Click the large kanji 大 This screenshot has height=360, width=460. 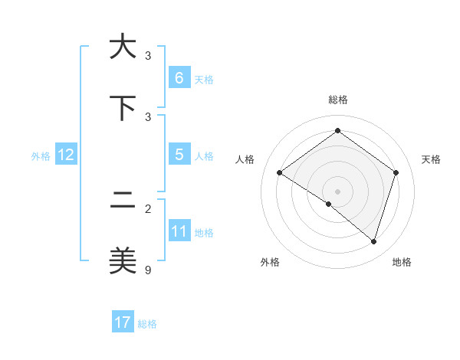[122, 47]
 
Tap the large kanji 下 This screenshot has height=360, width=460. [122, 109]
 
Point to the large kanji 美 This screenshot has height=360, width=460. [122, 262]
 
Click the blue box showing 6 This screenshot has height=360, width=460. [179, 77]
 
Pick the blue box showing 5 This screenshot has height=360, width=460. [179, 155]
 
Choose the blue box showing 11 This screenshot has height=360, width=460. [179, 231]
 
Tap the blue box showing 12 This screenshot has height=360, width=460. [65, 155]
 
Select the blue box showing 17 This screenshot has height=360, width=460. [122, 322]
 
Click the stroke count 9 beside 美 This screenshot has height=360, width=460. [148, 270]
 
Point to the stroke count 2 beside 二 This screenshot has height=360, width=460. [148, 208]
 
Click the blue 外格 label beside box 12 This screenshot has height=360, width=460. [41, 155]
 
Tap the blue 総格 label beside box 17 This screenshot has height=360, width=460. [147, 323]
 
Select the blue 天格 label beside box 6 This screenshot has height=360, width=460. [204, 79]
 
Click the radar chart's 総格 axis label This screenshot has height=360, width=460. [337, 100]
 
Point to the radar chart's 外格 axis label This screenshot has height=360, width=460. [270, 262]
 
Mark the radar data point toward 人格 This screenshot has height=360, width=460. [279, 173]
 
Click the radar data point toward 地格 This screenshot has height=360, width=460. [374, 241]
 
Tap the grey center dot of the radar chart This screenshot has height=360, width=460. [337, 191]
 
